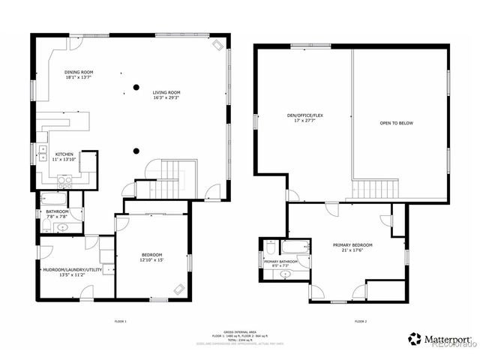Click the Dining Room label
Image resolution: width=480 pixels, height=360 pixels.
click(79, 72)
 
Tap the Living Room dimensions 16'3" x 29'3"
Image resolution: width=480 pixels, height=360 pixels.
click(166, 97)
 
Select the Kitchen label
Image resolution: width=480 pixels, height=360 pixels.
click(64, 154)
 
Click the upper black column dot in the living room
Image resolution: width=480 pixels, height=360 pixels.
click(136, 87)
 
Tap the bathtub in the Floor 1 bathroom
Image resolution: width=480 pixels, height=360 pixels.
click(54, 199)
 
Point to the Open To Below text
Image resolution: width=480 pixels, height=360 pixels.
click(396, 123)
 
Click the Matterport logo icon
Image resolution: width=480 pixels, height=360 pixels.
click(414, 338)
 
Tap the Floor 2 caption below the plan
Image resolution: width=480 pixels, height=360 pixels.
click(360, 321)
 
